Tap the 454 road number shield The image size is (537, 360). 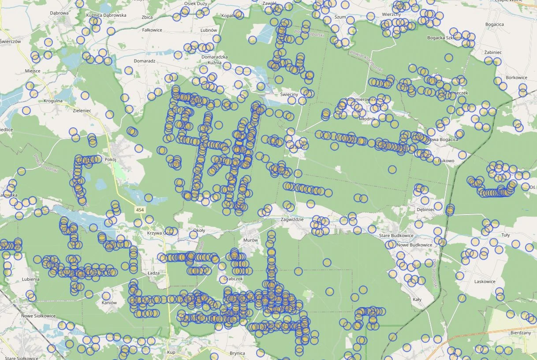[x=140, y=210]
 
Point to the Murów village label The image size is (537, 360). [x=250, y=240]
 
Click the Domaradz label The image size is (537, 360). [x=145, y=61]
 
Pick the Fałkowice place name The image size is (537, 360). [x=152, y=30]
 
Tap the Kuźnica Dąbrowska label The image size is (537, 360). [x=106, y=15]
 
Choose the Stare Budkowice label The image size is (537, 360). [x=396, y=236]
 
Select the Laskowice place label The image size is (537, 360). [x=485, y=282]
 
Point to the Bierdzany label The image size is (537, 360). [x=521, y=333]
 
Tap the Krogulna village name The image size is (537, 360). [x=53, y=100]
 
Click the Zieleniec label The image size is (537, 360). [x=82, y=111]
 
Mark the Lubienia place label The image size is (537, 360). [x=30, y=279]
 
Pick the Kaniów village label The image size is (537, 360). [x=109, y=303]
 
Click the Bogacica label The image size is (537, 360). [x=494, y=24]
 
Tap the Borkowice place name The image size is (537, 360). [x=517, y=78]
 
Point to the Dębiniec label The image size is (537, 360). [x=425, y=209]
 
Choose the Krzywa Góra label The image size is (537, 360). [x=160, y=233]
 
